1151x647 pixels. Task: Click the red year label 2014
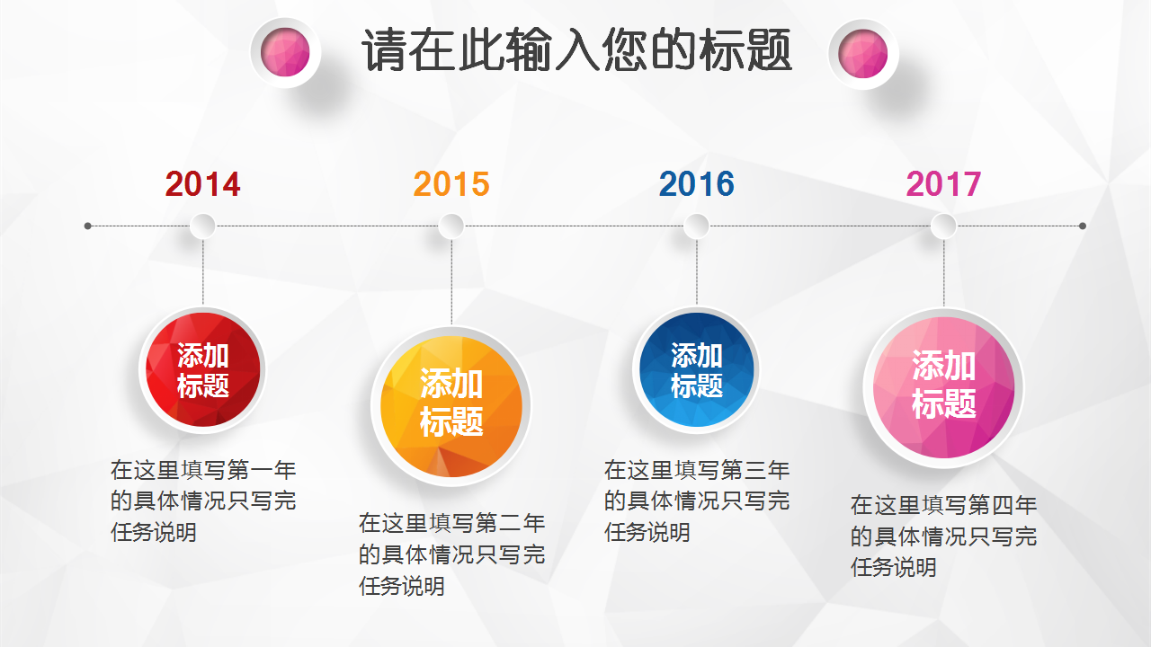pyautogui.click(x=202, y=184)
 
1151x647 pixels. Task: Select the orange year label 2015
pyautogui.click(x=451, y=184)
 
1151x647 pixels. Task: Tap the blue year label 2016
pyautogui.click(x=696, y=184)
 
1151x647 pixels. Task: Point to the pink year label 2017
pyautogui.click(x=943, y=184)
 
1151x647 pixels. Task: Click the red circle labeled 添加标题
pyautogui.click(x=202, y=369)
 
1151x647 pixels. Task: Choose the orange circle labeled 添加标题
pyautogui.click(x=451, y=406)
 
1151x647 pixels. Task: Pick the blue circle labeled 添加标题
pyautogui.click(x=696, y=369)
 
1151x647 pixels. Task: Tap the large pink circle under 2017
pyautogui.click(x=943, y=387)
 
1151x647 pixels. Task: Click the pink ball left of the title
pyautogui.click(x=285, y=53)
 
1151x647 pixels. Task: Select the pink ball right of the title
pyautogui.click(x=863, y=54)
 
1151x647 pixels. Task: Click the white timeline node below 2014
pyautogui.click(x=202, y=226)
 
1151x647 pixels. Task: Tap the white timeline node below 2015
pyautogui.click(x=451, y=226)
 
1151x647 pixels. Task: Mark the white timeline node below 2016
pyautogui.click(x=696, y=226)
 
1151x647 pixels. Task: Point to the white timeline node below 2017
pyautogui.click(x=943, y=226)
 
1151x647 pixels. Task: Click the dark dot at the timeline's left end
pyautogui.click(x=88, y=226)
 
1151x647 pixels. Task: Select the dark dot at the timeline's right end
pyautogui.click(x=1083, y=226)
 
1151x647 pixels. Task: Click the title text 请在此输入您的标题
pyautogui.click(x=576, y=50)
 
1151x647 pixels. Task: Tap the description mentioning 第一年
pyautogui.click(x=203, y=501)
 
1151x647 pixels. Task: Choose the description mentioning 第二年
pyautogui.click(x=452, y=554)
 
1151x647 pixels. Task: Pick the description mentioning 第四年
pyautogui.click(x=944, y=536)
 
